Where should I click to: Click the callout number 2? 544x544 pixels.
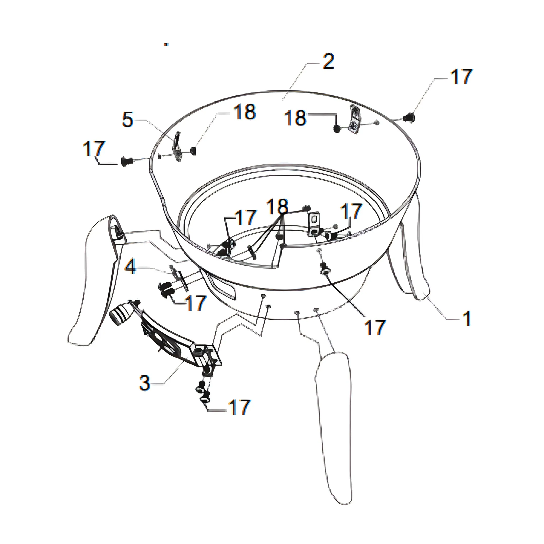pos(328,61)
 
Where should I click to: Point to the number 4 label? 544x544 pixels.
pos(130,266)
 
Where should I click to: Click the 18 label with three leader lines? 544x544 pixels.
pos(278,207)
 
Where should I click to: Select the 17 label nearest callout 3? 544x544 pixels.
pos(239,407)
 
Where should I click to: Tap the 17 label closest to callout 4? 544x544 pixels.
pos(196,303)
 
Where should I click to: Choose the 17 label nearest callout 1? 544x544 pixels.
pos(375,327)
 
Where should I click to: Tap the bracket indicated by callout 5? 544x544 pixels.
pos(177,147)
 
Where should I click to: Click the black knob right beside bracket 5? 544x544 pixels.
pos(193,151)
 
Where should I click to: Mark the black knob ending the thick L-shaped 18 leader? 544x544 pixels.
pos(337,129)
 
